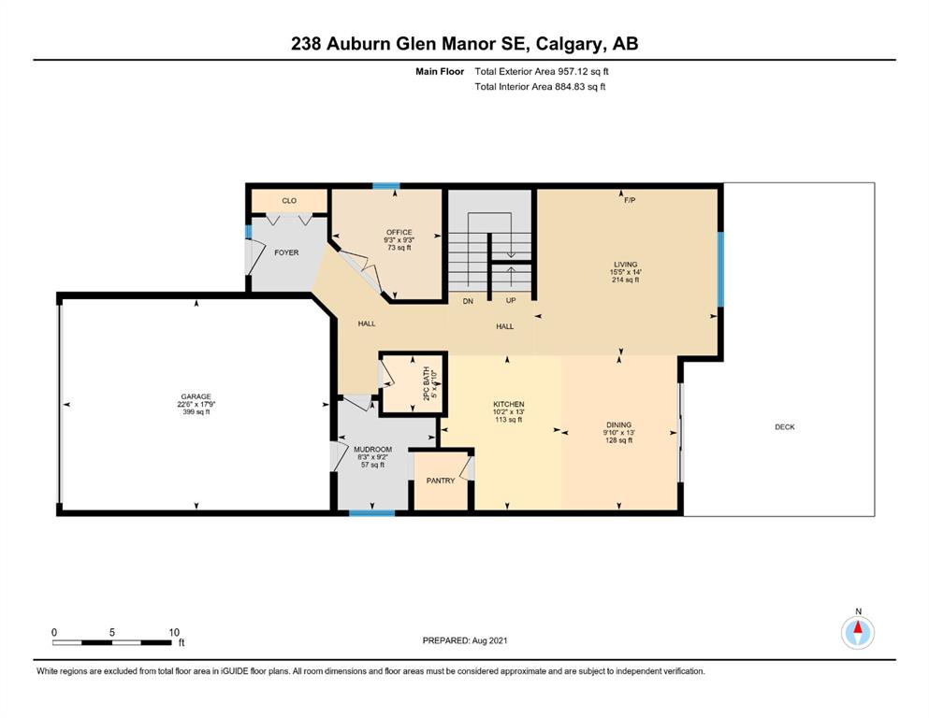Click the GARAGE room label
(196, 396)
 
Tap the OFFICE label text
(399, 232)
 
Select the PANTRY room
(442, 480)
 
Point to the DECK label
(785, 426)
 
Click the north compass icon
(858, 632)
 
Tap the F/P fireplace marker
(630, 200)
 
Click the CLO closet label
(289, 201)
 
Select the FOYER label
(287, 252)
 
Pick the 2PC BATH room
(413, 383)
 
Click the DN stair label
(468, 301)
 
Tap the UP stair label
(511, 300)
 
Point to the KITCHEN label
(508, 404)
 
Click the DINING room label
(619, 424)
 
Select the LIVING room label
(626, 265)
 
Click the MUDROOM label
(372, 450)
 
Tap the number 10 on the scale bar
(174, 632)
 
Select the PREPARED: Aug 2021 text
(465, 640)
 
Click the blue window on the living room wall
(720, 269)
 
